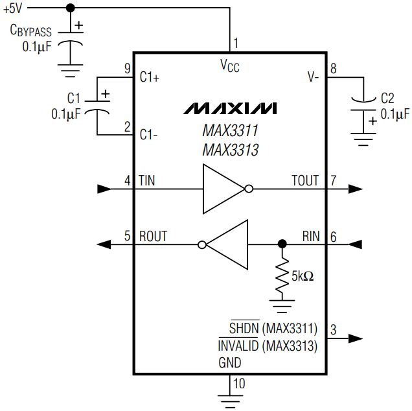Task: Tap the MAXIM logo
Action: pos(229,108)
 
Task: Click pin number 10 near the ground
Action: pos(239,384)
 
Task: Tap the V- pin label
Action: pos(313,76)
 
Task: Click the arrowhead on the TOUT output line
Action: pos(354,189)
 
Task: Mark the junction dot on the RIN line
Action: pos(281,244)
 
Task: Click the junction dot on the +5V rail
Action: pos(71,7)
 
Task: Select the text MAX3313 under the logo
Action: pos(230,150)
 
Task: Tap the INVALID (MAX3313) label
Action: pos(267,346)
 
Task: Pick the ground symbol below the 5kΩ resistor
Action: pos(281,305)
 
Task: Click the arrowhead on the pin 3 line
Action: pos(354,338)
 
